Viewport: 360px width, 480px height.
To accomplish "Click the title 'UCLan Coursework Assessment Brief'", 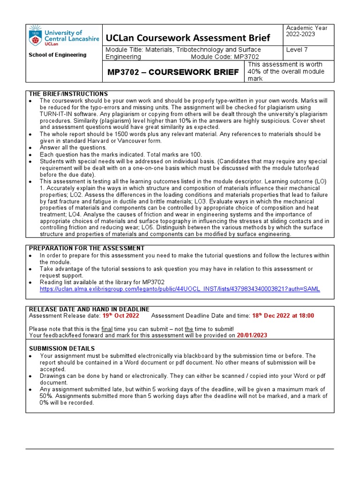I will (x=188, y=37).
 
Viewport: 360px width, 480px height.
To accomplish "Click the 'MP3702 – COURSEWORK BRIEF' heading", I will (x=173, y=72).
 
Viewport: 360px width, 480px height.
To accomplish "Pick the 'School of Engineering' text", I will (x=58, y=55).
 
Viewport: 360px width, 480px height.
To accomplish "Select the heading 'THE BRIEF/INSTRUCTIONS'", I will (x=68, y=94).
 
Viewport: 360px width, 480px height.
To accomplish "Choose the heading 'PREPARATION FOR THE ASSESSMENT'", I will (x=87, y=248).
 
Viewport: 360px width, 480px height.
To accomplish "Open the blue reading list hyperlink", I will (x=180, y=289).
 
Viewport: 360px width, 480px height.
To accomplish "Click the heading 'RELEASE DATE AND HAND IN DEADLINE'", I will (x=89, y=309).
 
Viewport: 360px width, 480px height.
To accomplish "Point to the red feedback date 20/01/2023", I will (x=252, y=335).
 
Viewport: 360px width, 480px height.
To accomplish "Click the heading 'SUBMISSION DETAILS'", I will (x=62, y=349).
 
